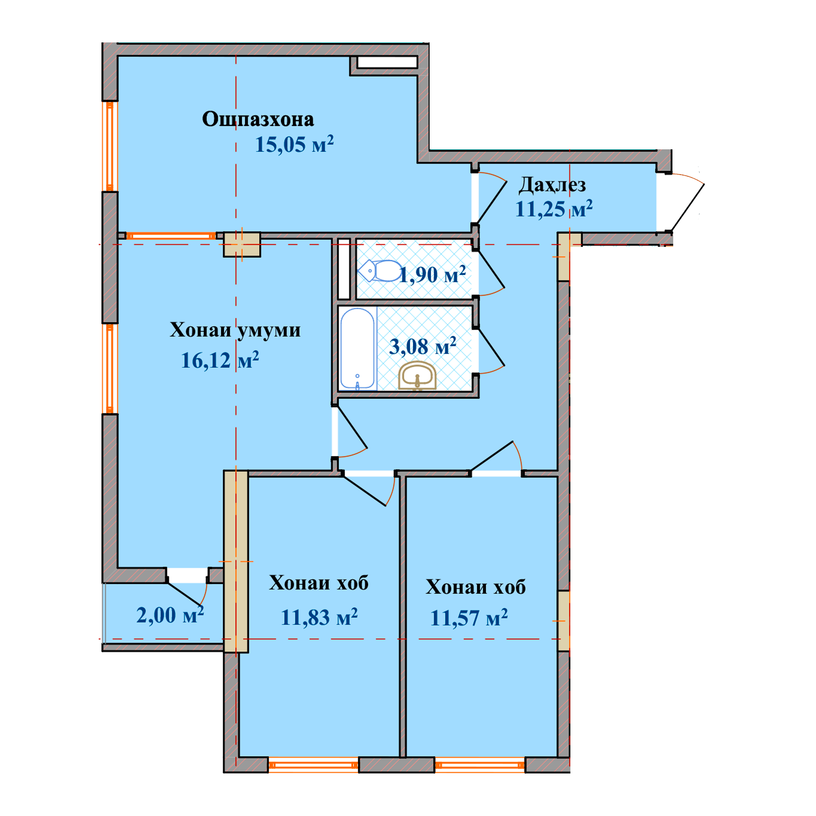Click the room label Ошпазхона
[258, 120]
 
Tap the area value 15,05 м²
[295, 144]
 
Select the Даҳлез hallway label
[552, 185]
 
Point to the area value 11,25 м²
[554, 208]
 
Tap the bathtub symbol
[357, 348]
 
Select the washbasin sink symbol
[417, 375]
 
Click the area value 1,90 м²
[432, 275]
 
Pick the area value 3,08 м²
[422, 346]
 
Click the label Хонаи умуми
[235, 330]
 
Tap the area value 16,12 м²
[220, 360]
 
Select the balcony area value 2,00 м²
[170, 615]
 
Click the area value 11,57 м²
[469, 618]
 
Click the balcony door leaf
[184, 594]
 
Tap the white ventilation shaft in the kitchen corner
[387, 62]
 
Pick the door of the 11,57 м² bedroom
[492, 457]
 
